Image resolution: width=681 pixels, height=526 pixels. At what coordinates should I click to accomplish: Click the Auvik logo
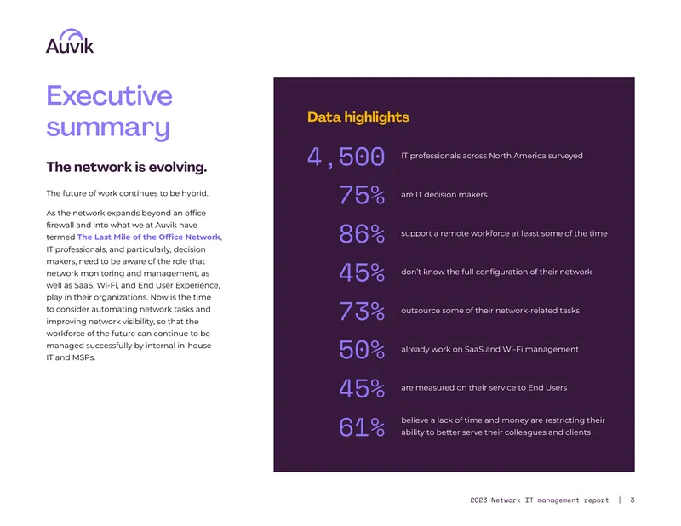pyautogui.click(x=70, y=41)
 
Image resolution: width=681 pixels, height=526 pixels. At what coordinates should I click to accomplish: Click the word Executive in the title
pyautogui.click(x=110, y=95)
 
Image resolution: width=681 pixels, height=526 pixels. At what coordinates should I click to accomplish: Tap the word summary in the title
pyautogui.click(x=108, y=128)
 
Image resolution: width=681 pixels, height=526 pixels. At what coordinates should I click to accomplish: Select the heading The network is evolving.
pyautogui.click(x=127, y=167)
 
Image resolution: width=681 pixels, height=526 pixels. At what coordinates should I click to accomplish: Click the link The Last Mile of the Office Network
pyautogui.click(x=148, y=237)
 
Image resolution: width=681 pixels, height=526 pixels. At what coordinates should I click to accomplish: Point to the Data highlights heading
pyautogui.click(x=358, y=117)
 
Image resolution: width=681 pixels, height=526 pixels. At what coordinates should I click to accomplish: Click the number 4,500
pyautogui.click(x=346, y=157)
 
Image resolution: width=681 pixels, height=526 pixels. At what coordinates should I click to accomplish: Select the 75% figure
pyautogui.click(x=362, y=195)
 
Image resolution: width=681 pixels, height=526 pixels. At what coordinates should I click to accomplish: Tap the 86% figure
pyautogui.click(x=362, y=234)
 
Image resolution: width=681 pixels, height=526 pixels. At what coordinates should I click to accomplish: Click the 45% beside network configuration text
pyautogui.click(x=362, y=272)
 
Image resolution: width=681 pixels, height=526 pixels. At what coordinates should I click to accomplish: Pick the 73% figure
pyautogui.click(x=362, y=311)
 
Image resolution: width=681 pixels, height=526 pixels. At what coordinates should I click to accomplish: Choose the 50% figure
pyautogui.click(x=362, y=350)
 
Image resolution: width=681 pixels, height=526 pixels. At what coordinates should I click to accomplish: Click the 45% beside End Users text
pyautogui.click(x=362, y=388)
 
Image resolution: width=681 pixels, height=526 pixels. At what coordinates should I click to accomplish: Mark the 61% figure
pyautogui.click(x=362, y=427)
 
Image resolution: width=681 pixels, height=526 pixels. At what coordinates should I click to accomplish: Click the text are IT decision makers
pyautogui.click(x=444, y=195)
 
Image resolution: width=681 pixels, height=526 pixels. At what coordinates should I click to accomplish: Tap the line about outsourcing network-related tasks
pyautogui.click(x=490, y=311)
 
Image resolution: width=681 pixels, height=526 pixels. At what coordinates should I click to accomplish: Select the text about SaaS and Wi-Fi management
pyautogui.click(x=489, y=349)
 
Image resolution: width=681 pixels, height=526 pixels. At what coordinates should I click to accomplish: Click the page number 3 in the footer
pyautogui.click(x=632, y=500)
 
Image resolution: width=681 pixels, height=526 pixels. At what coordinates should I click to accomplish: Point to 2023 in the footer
pyautogui.click(x=478, y=500)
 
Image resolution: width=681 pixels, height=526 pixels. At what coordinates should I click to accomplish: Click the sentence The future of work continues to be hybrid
pyautogui.click(x=127, y=193)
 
